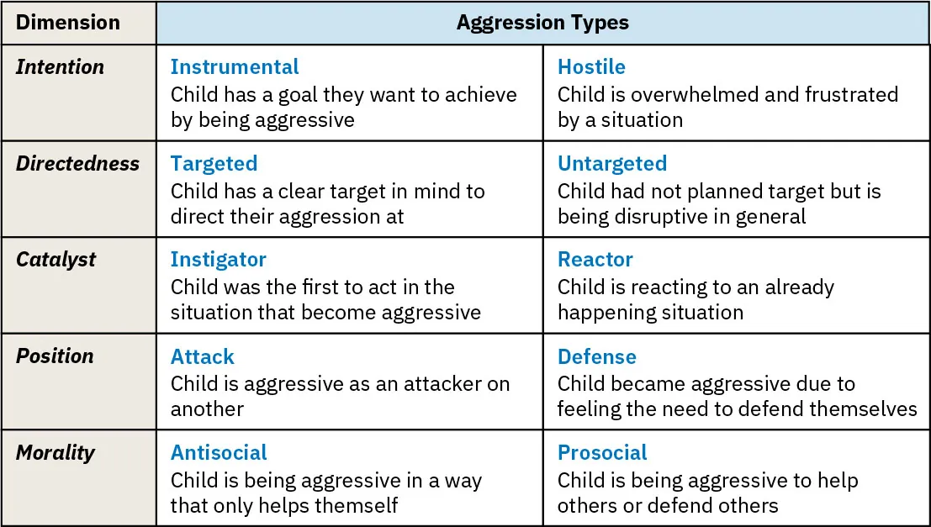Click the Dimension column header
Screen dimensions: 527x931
click(68, 23)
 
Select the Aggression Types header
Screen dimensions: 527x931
click(542, 23)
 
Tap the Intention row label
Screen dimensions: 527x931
click(60, 67)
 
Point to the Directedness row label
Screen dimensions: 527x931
click(77, 163)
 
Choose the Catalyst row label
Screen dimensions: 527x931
click(56, 259)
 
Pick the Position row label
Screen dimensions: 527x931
click(55, 356)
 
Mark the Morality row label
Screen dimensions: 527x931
click(56, 452)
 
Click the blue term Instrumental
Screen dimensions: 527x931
click(235, 67)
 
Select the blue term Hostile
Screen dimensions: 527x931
click(591, 67)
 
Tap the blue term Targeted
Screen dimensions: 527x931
click(214, 163)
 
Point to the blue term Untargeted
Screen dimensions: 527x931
click(612, 163)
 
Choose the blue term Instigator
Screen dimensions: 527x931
click(218, 259)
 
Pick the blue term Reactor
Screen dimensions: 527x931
click(595, 259)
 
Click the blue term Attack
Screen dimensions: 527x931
click(202, 356)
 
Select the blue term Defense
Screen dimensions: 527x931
click(597, 356)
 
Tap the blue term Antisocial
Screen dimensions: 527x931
click(219, 452)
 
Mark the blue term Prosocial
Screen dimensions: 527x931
click(602, 452)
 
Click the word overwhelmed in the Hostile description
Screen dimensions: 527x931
click(690, 95)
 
